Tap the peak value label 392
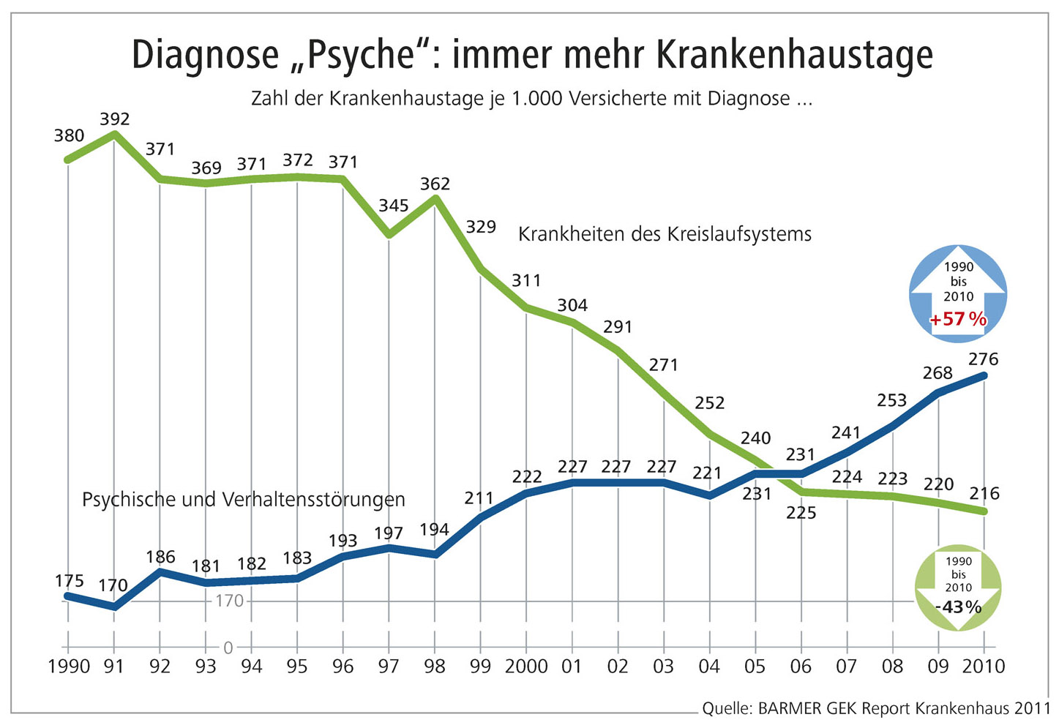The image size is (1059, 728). tap(114, 119)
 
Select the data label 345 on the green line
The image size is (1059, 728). tap(393, 206)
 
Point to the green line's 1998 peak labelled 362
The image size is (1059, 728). tap(435, 184)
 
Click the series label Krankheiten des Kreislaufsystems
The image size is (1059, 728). tap(665, 234)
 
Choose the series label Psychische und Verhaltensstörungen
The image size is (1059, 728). tap(243, 500)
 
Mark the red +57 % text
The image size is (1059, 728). tap(958, 319)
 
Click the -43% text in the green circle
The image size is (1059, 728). tap(958, 607)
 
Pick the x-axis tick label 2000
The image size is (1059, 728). tap(526, 667)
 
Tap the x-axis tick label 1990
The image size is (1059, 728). tap(68, 667)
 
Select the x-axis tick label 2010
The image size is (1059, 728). tap(983, 667)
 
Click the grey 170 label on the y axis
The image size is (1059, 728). tap(229, 601)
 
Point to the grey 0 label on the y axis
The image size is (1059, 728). tap(228, 648)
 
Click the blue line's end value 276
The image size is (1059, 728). tap(983, 359)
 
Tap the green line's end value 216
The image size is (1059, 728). tap(984, 493)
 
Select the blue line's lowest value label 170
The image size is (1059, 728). tap(113, 585)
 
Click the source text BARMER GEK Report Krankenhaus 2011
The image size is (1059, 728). tap(903, 708)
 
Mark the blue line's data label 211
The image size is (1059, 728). tap(479, 498)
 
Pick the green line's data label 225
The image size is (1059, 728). tap(801, 513)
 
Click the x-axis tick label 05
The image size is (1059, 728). tap(755, 667)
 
